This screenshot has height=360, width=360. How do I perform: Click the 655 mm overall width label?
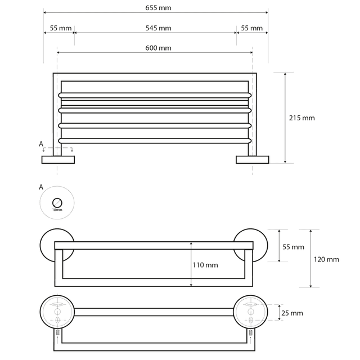click(x=157, y=8)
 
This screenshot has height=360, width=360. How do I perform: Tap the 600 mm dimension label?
click(x=157, y=48)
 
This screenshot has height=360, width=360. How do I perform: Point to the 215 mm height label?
click(x=301, y=118)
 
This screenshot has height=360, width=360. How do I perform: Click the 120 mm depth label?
click(x=326, y=259)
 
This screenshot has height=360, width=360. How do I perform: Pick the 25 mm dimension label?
click(x=292, y=313)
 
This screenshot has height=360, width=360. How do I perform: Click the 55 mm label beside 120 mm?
click(x=293, y=247)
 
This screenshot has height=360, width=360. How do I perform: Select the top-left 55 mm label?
click(x=60, y=28)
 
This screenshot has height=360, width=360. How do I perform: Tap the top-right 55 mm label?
click(x=251, y=28)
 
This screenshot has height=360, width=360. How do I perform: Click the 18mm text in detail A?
click(x=57, y=210)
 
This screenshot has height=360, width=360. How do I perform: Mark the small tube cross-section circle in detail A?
click(x=57, y=202)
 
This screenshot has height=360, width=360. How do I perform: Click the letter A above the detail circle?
click(x=40, y=187)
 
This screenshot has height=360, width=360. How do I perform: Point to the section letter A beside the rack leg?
click(x=41, y=145)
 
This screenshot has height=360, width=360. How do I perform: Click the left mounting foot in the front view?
click(x=58, y=160)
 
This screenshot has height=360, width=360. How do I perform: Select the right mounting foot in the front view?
click(x=253, y=160)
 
